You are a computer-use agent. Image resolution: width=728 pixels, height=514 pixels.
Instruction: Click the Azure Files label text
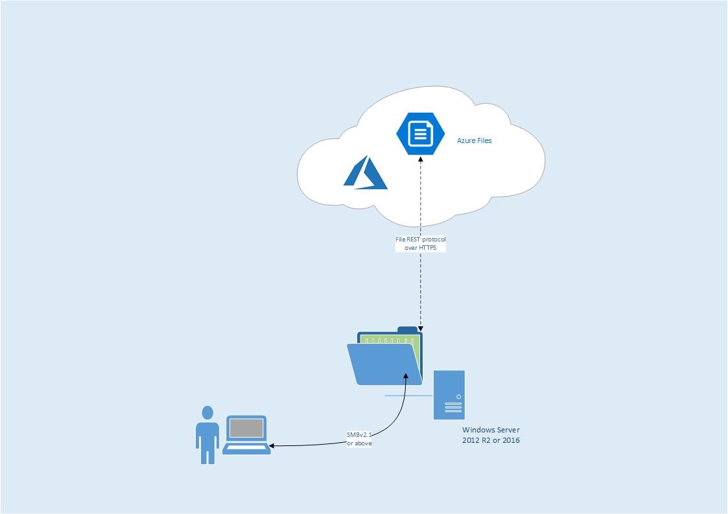click(474, 140)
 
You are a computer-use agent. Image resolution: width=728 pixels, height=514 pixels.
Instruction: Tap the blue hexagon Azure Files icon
click(421, 134)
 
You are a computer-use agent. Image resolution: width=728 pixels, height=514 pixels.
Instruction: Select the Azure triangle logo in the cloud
click(366, 173)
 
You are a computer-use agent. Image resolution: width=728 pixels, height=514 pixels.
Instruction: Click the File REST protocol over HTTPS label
click(421, 243)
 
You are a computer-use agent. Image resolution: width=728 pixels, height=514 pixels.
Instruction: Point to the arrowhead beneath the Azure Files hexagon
click(421, 159)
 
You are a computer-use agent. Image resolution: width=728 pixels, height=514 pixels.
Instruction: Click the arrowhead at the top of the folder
click(421, 330)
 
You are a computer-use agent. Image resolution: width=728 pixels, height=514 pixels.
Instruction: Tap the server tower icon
click(449, 394)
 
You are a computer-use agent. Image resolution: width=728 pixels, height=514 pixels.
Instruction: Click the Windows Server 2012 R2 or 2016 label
click(491, 435)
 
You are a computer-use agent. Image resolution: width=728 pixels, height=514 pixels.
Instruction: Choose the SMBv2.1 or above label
click(359, 439)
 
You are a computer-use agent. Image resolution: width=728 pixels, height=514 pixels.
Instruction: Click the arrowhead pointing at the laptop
click(272, 445)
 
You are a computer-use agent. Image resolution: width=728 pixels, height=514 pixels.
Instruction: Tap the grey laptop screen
click(246, 428)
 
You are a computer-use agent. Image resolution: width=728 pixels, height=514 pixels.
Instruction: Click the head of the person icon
click(207, 413)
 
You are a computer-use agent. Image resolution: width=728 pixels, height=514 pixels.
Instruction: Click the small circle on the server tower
click(459, 397)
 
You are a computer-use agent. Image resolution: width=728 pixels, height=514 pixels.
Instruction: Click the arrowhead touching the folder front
click(406, 375)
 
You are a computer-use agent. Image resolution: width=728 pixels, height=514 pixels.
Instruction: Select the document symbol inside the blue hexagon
click(421, 134)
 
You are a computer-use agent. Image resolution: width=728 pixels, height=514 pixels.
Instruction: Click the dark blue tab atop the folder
click(407, 330)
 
